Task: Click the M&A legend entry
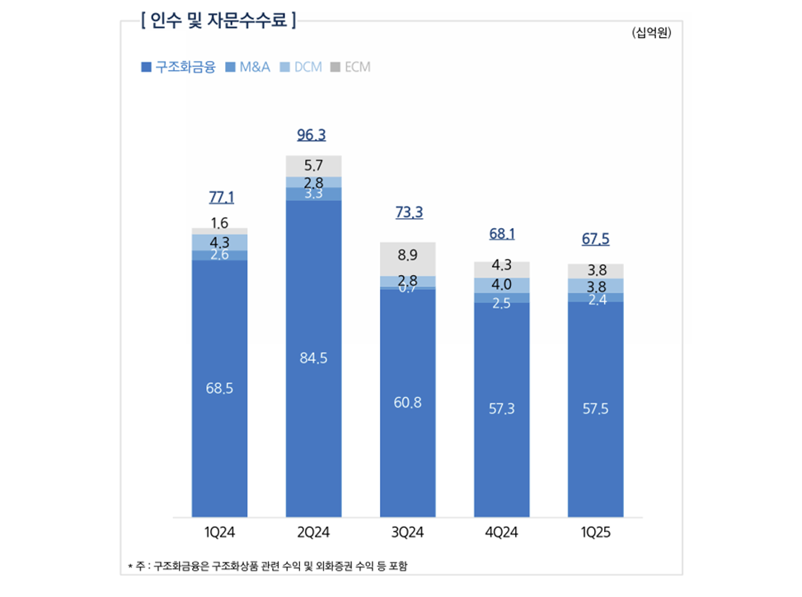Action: coord(248,68)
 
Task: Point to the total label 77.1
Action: coord(220,198)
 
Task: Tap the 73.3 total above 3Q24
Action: coord(408,212)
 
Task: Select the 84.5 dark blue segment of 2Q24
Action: coord(314,358)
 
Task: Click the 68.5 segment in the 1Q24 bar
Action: coord(220,388)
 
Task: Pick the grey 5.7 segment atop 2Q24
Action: coord(314,166)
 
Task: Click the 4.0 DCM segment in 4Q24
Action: coord(502,285)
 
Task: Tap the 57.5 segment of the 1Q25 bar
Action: coord(596,409)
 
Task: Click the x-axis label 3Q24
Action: coord(408,534)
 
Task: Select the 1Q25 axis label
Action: coord(596,534)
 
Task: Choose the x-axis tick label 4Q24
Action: coord(502,534)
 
